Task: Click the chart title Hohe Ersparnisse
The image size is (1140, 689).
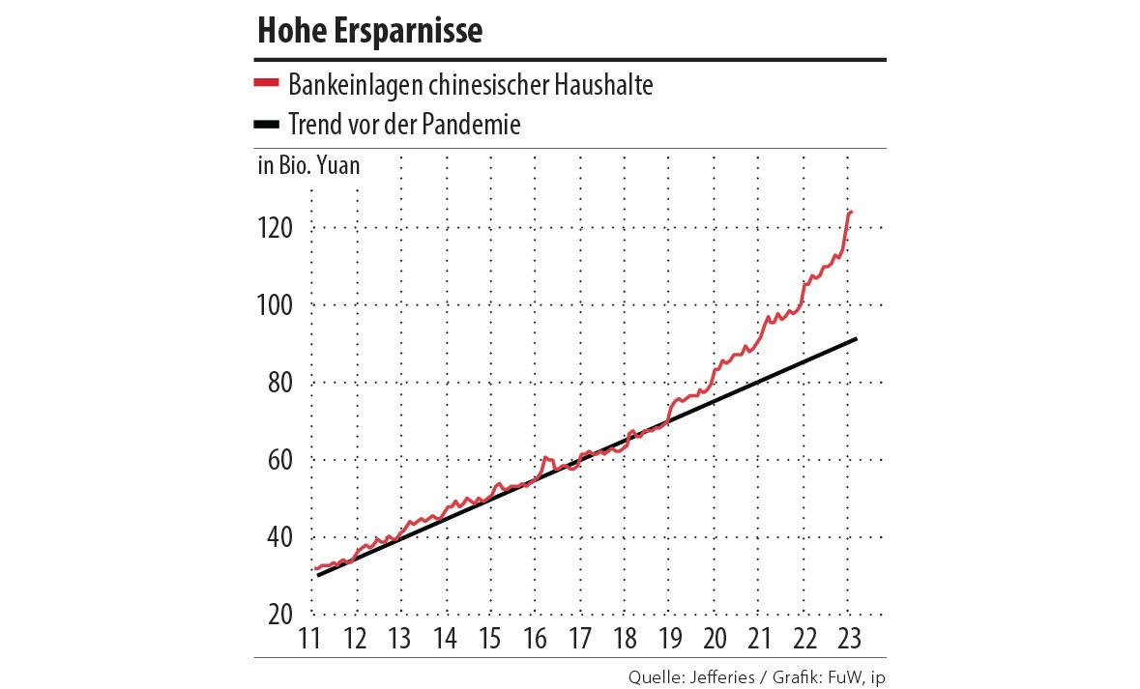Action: pyautogui.click(x=369, y=32)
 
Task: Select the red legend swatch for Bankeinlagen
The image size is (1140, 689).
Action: pyautogui.click(x=266, y=84)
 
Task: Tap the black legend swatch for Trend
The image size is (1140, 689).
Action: pyautogui.click(x=266, y=125)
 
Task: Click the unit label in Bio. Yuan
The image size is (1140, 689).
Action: pyautogui.click(x=308, y=165)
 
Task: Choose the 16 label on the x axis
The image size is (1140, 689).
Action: pyautogui.click(x=535, y=639)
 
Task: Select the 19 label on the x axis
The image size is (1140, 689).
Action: pyautogui.click(x=670, y=639)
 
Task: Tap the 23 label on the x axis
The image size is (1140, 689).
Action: pyautogui.click(x=850, y=639)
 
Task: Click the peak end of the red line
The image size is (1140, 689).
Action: pyautogui.click(x=851, y=212)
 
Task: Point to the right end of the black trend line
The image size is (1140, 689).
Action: pyautogui.click(x=856, y=339)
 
